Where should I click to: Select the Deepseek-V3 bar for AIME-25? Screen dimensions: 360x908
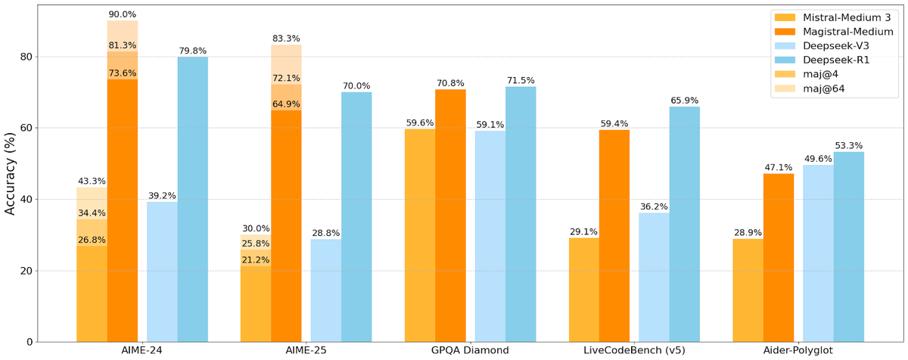(326, 290)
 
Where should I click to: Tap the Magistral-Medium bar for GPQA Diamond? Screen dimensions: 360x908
(450, 216)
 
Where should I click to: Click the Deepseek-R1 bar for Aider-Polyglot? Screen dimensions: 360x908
(848, 247)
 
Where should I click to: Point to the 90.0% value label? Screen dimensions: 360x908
(122, 14)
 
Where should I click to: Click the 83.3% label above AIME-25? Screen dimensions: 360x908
(286, 39)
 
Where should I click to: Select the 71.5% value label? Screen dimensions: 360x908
(521, 80)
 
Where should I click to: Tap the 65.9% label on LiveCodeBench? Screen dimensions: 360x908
(685, 100)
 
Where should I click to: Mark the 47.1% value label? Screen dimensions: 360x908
(778, 167)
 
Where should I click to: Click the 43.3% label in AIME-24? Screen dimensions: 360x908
(92, 182)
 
